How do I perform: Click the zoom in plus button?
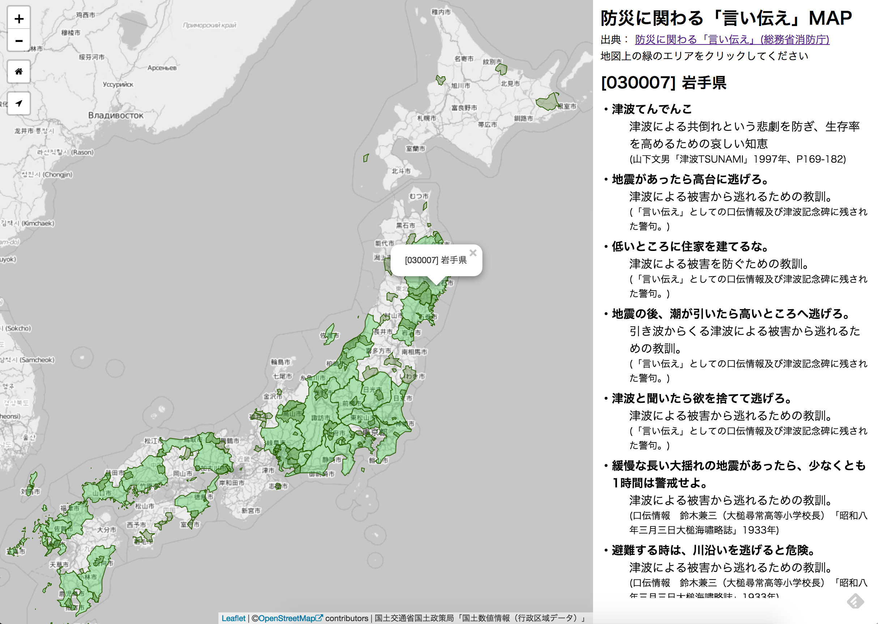tap(19, 19)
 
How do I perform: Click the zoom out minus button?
tap(19, 40)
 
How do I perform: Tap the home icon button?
tap(19, 72)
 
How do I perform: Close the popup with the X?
tap(473, 253)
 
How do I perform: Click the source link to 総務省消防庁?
tap(732, 39)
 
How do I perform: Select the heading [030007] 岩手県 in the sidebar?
tap(664, 83)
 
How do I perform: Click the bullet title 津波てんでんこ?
tap(652, 109)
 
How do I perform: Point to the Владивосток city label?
tap(116, 115)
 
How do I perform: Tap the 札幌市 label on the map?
tap(426, 118)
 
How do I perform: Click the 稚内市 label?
tap(441, 12)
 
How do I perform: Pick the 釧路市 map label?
tap(523, 118)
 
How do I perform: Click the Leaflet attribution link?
tap(233, 618)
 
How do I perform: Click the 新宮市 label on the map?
tap(251, 510)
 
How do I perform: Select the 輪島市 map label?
tap(281, 362)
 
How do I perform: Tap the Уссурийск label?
tap(118, 85)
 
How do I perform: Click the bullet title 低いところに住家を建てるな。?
tap(690, 246)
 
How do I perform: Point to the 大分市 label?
tap(106, 530)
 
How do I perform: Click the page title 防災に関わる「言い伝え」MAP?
tap(726, 18)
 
